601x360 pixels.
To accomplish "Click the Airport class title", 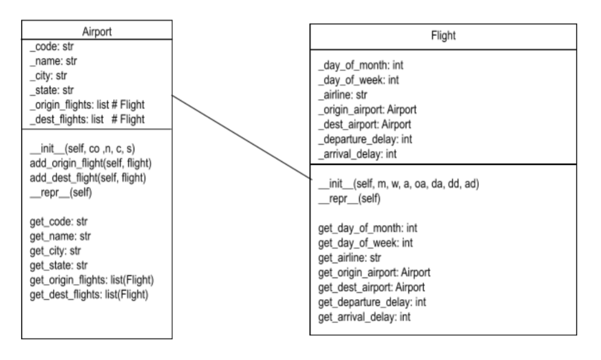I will tap(97, 31).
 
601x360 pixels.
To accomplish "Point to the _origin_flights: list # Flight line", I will tap(86, 104).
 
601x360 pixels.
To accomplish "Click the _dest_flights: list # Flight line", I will tap(86, 118).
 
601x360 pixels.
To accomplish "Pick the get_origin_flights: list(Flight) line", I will tap(92, 280).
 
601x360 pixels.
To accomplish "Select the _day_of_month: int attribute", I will tap(361, 65).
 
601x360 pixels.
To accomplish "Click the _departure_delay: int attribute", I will tap(365, 139).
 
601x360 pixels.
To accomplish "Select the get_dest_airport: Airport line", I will tap(371, 286).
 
